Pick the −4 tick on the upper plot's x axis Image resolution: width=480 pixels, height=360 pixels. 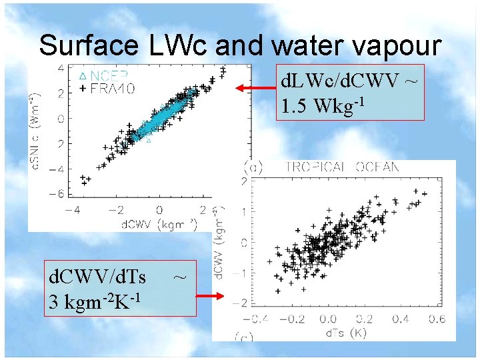pos(75,210)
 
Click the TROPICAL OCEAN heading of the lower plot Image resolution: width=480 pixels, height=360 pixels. pos(341,167)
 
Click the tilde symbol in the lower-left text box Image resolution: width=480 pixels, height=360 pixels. pos(179,275)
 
